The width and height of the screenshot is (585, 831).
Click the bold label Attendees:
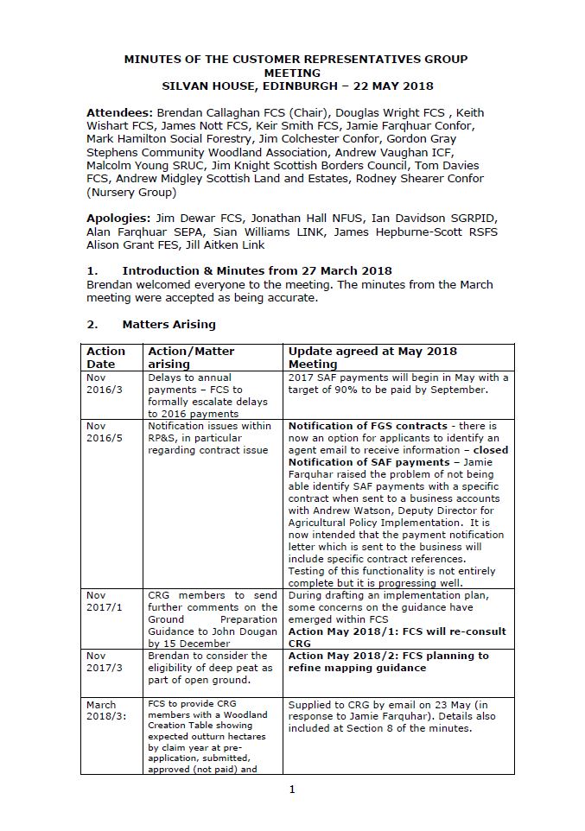pyautogui.click(x=119, y=113)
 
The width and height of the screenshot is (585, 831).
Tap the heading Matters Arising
pyautogui.click(x=169, y=325)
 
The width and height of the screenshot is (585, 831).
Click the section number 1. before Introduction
pyautogui.click(x=92, y=271)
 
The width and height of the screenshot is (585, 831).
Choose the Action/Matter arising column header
pyautogui.click(x=191, y=358)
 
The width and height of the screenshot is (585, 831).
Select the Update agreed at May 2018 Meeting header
pyautogui.click(x=372, y=358)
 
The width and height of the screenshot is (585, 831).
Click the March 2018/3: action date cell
pyautogui.click(x=103, y=711)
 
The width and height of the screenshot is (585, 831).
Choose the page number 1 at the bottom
pyautogui.click(x=292, y=789)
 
